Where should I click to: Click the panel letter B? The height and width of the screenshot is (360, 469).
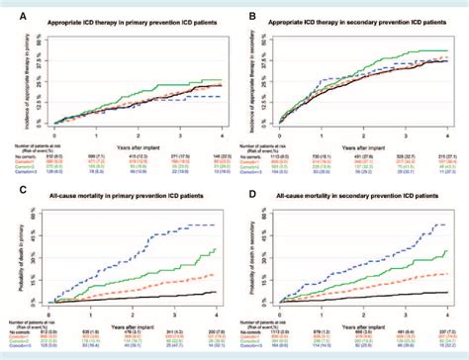(x=242, y=10)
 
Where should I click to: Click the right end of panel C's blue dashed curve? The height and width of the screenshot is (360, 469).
(x=216, y=225)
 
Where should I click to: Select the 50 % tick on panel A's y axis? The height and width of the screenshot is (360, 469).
(x=45, y=38)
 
